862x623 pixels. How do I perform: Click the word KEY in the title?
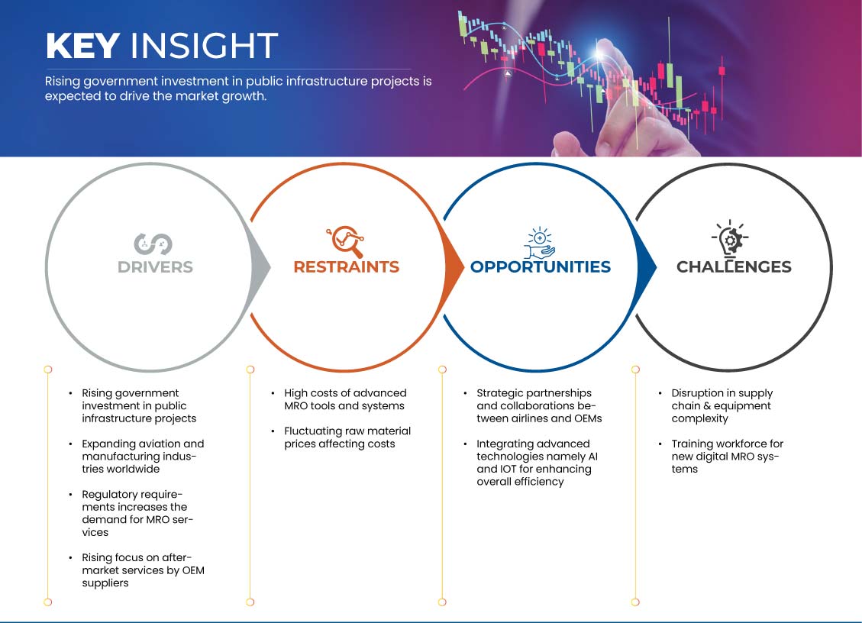coord(82,45)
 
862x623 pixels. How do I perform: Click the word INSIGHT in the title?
coord(204,45)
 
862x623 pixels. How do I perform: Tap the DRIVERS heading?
coord(155,267)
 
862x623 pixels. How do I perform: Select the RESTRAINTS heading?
coord(347,266)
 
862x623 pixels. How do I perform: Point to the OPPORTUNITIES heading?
coord(541,266)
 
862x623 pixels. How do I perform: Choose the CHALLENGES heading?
coord(734,266)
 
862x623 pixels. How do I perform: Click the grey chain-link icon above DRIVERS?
coord(153,244)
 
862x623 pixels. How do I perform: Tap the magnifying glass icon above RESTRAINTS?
coord(345,241)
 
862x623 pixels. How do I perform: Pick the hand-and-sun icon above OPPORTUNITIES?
coord(539,243)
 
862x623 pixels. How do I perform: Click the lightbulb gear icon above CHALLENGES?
coord(730,239)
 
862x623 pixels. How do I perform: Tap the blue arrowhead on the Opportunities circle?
coord(647,267)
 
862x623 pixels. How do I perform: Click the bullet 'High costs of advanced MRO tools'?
coord(345,399)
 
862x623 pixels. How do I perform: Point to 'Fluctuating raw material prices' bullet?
coord(347,437)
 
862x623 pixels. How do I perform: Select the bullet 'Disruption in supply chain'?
coord(722,406)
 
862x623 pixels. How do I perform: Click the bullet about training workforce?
coord(728,457)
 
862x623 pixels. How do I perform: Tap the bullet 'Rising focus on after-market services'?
coord(143,570)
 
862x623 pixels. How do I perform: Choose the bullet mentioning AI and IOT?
coord(537,463)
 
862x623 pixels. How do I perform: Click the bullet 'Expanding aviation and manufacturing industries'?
coord(143,457)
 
